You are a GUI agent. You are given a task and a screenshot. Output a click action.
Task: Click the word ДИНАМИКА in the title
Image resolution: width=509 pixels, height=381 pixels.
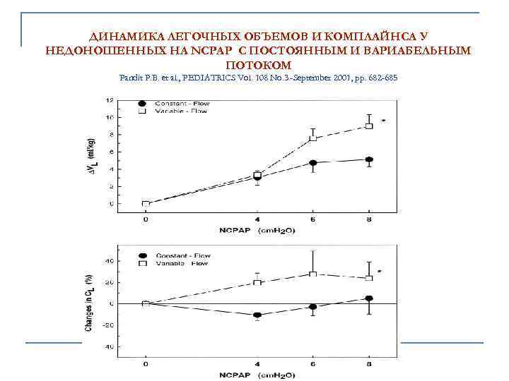(x=121, y=36)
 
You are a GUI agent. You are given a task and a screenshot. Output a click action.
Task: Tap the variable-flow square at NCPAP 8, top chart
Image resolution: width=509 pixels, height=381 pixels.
(x=368, y=126)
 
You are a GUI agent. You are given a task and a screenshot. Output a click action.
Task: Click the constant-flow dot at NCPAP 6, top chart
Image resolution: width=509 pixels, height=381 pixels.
(x=313, y=163)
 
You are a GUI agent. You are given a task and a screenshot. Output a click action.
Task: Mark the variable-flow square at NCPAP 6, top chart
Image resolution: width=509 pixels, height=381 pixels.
(x=313, y=138)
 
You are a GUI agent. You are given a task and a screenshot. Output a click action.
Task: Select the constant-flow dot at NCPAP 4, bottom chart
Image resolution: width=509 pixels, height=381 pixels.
(x=257, y=315)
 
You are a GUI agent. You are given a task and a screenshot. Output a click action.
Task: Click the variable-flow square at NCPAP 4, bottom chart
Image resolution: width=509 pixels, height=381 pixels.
(x=257, y=282)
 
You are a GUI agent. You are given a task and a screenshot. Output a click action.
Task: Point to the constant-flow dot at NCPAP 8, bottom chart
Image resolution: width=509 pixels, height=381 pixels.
(x=368, y=298)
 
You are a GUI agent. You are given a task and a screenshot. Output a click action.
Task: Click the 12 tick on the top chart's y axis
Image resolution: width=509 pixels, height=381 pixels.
(x=109, y=100)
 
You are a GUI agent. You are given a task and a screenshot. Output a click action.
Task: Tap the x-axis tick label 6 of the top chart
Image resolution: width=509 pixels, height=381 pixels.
(x=313, y=219)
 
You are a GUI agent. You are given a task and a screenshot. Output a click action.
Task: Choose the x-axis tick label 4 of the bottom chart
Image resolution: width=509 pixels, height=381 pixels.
(x=257, y=364)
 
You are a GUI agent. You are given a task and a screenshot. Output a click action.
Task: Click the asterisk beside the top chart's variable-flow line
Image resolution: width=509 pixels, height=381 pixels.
(x=383, y=121)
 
